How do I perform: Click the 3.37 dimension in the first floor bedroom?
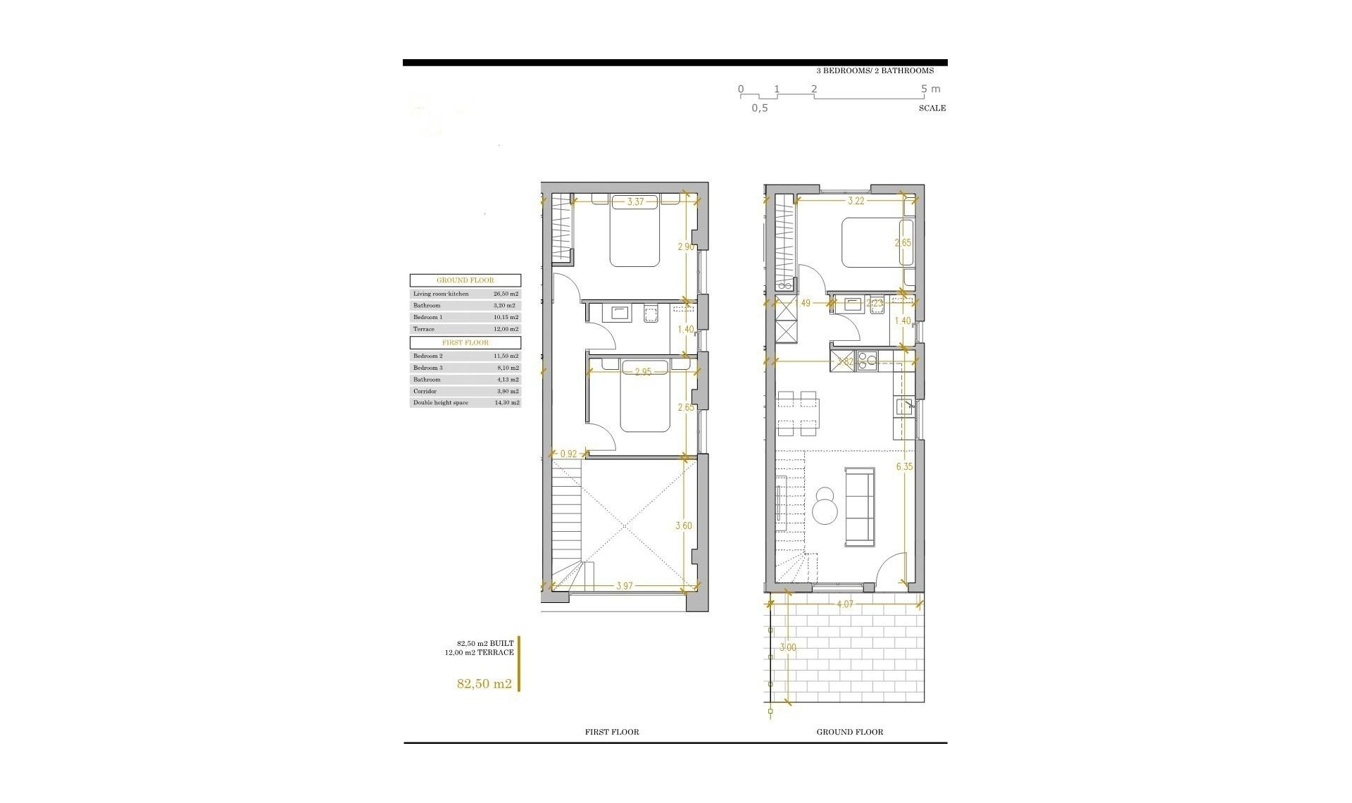click(636, 202)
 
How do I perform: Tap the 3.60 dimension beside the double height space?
click(684, 525)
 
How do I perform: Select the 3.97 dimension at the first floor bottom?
click(624, 586)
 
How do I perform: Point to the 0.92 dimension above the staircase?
click(568, 454)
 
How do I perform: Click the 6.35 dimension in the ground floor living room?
click(905, 466)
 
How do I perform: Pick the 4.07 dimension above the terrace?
click(845, 604)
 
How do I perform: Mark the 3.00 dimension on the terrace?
click(789, 647)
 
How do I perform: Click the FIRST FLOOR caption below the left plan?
click(612, 732)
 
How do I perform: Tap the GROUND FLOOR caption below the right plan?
click(849, 732)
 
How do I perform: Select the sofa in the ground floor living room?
click(860, 506)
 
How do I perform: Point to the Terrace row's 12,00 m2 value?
click(506, 329)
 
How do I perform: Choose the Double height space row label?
click(440, 403)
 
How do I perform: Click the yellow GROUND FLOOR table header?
click(465, 280)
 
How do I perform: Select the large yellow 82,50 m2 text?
click(484, 683)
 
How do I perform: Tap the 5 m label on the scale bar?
click(930, 89)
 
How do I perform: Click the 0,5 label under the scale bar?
click(759, 108)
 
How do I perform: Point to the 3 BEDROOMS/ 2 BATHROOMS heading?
click(875, 70)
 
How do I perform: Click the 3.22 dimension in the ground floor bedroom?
click(856, 201)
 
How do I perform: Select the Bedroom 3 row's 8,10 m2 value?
click(506, 368)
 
